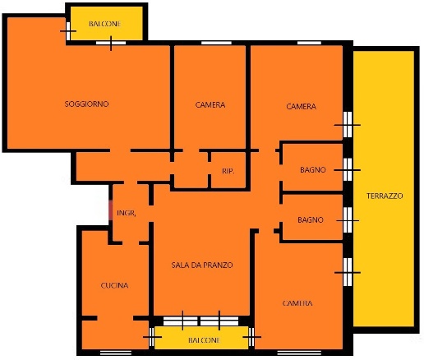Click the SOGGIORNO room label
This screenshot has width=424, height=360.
86,104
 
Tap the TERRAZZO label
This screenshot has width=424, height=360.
385,196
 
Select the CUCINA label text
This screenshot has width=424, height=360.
114,285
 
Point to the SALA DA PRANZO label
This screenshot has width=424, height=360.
202,265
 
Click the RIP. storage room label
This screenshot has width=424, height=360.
228,171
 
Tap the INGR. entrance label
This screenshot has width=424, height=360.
127,213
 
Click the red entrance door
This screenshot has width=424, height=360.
111,210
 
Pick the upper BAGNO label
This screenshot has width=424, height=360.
313,170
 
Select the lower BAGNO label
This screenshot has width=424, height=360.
311,219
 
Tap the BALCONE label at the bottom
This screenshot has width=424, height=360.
204,340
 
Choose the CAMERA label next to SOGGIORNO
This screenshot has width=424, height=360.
210,104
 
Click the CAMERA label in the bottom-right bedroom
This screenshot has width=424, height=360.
297,303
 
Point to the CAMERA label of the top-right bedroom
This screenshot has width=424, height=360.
301,106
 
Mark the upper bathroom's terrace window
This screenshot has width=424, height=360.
348,170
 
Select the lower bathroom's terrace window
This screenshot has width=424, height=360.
348,220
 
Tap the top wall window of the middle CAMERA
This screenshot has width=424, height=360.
216,43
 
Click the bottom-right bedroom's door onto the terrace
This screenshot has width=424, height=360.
348,272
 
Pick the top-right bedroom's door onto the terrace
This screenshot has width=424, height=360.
348,125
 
